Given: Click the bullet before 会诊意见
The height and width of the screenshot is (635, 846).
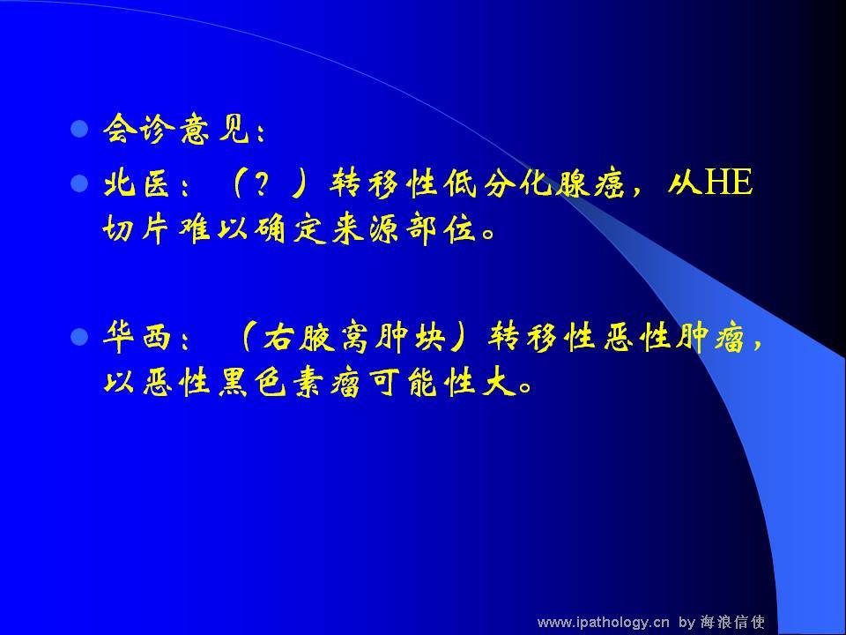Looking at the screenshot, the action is (x=79, y=129).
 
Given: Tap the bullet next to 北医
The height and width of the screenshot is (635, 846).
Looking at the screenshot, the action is (x=79, y=183).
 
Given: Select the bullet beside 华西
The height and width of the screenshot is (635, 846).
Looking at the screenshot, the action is (x=79, y=338).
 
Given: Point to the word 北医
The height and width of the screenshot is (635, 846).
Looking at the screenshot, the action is (x=136, y=183).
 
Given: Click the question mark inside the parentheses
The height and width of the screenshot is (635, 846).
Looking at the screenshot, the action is (x=262, y=183).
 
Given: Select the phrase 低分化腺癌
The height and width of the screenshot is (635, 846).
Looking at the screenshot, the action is (x=535, y=183).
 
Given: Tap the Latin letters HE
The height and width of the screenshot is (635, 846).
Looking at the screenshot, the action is (x=729, y=182).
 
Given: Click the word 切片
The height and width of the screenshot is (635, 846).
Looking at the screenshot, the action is (x=135, y=230).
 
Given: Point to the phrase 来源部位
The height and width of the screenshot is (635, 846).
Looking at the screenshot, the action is (x=404, y=230).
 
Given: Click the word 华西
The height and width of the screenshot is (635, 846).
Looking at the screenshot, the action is (x=137, y=338).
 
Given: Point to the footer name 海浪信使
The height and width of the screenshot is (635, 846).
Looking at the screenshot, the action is (x=732, y=622).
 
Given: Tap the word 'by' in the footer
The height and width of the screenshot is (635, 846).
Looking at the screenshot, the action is (x=686, y=623).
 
